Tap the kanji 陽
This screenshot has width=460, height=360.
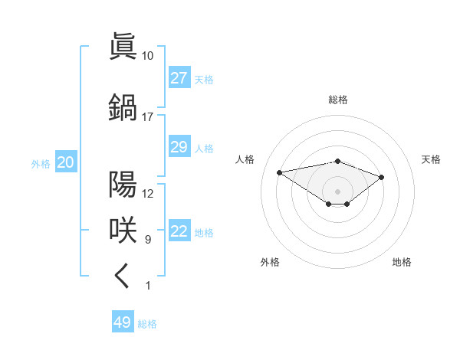(x=123, y=185)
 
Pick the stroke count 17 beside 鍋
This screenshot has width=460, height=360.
(x=147, y=117)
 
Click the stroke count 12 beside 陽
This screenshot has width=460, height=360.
(x=148, y=194)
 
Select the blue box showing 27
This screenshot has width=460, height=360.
(x=179, y=78)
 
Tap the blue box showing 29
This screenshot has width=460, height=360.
(x=179, y=147)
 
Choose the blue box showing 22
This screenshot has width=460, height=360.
(x=179, y=232)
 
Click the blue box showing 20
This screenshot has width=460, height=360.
(x=65, y=162)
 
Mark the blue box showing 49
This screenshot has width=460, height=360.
(x=123, y=322)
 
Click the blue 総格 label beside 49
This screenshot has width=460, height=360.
(x=147, y=324)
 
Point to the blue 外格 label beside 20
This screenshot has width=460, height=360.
(x=41, y=163)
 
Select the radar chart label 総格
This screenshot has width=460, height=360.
(x=338, y=100)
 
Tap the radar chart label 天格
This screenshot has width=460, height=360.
(x=431, y=159)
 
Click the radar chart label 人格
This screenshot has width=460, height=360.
(x=245, y=159)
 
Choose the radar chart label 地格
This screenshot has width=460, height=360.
(x=402, y=262)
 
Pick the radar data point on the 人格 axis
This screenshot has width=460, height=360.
(x=280, y=172)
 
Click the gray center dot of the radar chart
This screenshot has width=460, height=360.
(x=337, y=191)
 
